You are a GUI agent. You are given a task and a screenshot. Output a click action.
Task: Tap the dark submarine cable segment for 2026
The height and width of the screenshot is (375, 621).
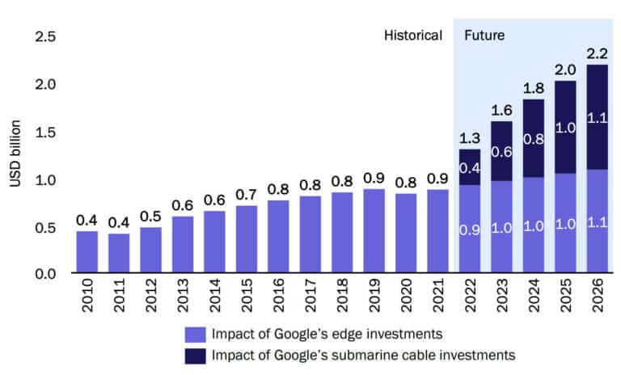point(598,117)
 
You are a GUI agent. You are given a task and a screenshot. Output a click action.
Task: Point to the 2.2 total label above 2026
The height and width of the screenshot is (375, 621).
point(598,53)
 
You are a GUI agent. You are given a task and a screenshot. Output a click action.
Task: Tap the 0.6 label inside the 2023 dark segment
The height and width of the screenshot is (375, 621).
point(502,151)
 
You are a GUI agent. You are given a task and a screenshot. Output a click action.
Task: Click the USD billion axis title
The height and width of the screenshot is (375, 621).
point(15,154)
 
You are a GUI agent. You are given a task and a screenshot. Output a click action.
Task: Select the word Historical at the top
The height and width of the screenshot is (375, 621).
point(413,36)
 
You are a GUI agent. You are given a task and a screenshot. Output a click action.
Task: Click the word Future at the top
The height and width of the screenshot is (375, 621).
point(484,36)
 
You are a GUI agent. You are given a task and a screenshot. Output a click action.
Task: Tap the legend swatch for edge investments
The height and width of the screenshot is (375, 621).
point(194,335)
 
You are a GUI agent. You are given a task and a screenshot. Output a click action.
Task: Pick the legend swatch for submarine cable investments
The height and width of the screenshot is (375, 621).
point(194,355)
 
